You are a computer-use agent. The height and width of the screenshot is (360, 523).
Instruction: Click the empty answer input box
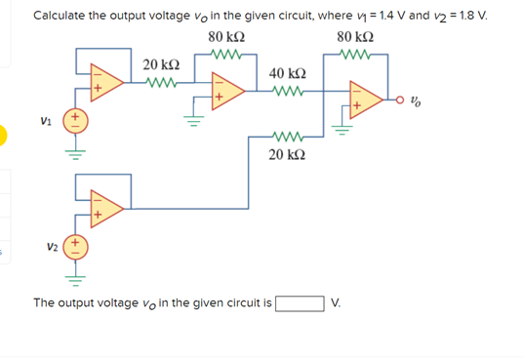[x=301, y=302]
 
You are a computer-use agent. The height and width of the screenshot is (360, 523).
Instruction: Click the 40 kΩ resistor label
[x=287, y=75]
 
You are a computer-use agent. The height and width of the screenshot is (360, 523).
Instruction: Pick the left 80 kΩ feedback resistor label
[x=226, y=37]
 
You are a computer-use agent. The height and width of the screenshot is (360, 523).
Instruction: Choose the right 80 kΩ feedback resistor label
[x=354, y=37]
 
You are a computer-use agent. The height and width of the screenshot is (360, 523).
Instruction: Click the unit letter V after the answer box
[x=338, y=303]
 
